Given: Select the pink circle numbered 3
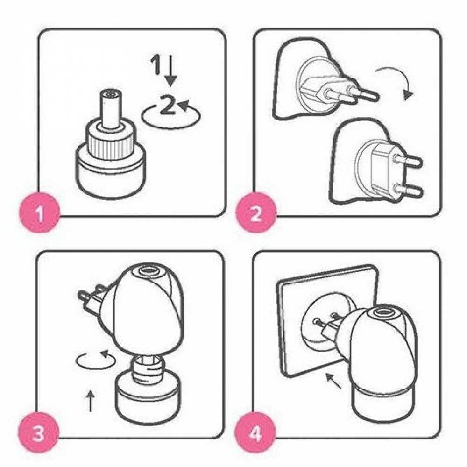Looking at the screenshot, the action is [38, 433].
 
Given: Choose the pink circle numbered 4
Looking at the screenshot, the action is [255, 433].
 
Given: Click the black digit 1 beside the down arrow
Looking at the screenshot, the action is [156, 64].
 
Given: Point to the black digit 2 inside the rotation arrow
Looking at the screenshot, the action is [167, 104].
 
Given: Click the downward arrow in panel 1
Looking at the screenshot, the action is [171, 71].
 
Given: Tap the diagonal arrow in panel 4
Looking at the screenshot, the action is [333, 381].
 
